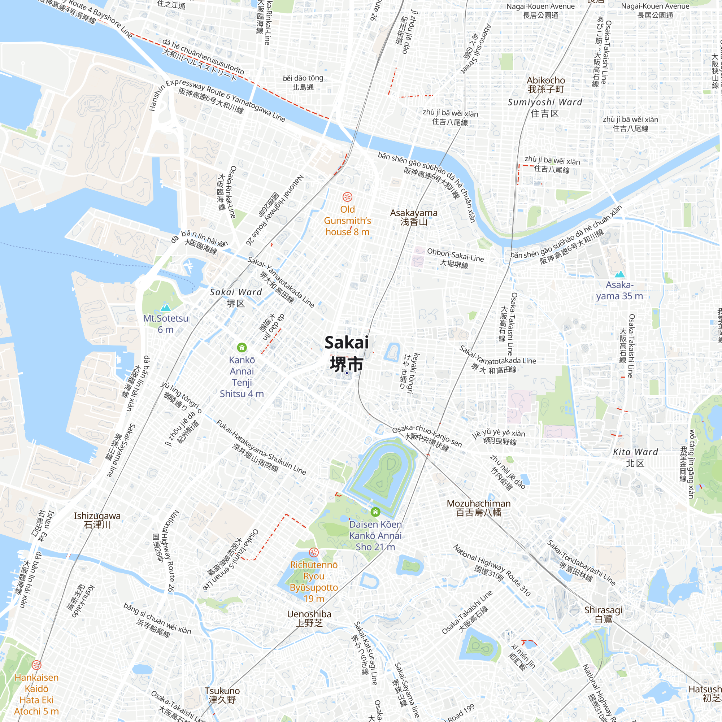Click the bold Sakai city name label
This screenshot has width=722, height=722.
[347, 353]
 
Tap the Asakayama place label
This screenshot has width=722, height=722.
[414, 217]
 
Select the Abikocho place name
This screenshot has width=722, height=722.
[545, 85]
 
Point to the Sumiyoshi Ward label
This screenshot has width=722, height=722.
[545, 108]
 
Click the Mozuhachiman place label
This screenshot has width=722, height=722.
[479, 508]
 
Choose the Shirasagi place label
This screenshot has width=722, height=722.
[603, 614]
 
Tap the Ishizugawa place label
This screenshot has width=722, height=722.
[97, 520]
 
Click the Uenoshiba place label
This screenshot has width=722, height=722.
[309, 618]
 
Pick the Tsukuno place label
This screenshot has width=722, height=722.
[222, 695]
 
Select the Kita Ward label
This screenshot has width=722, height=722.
[635, 457]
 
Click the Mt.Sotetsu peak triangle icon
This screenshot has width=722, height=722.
[166, 308]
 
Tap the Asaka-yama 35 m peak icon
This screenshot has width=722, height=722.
[619, 274]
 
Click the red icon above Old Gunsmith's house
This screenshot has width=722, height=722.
[348, 197]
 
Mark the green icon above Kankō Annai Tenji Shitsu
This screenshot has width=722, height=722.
[242, 348]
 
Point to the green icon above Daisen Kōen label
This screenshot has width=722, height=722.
[375, 512]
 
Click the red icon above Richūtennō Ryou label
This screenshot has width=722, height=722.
[314, 552]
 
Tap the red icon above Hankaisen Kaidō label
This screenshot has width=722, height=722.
[36, 665]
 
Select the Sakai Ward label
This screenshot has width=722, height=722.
[236, 297]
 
